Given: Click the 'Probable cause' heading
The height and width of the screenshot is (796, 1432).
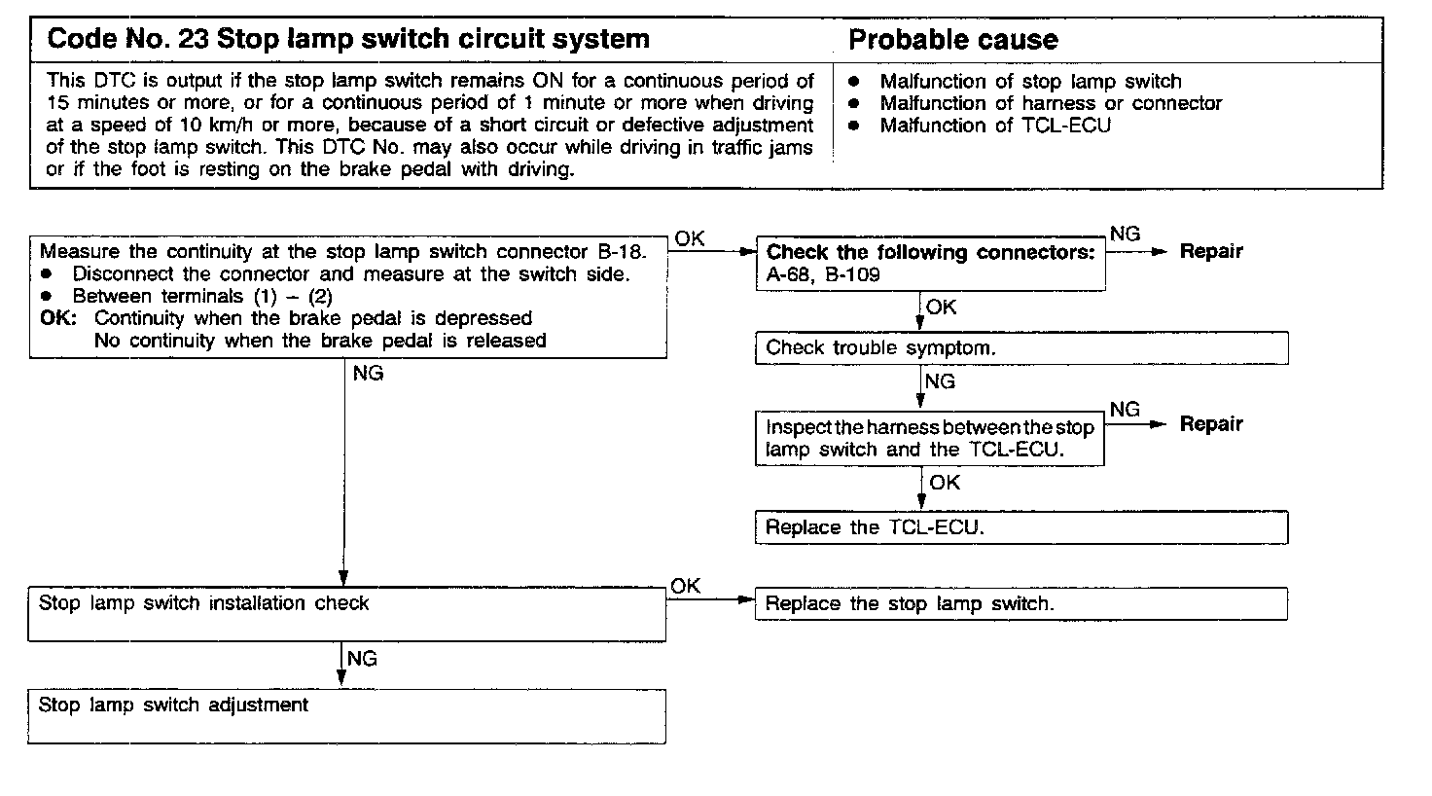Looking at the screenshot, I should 952,40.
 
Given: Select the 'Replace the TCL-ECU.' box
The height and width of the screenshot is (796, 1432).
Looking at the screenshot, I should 1020,527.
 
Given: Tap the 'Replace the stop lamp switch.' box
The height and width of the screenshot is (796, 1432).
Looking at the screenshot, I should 1020,603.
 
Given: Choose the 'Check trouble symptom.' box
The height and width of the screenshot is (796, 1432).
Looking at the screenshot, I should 1020,348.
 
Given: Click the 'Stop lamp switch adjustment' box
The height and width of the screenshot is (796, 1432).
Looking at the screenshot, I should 346,715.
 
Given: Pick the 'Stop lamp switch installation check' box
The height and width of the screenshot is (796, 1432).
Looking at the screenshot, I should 346,614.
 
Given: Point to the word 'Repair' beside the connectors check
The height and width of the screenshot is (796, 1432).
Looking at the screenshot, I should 1211,251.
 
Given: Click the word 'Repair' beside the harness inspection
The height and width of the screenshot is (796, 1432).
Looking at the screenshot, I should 1211,424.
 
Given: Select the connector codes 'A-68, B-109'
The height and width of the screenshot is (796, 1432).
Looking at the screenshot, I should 823,274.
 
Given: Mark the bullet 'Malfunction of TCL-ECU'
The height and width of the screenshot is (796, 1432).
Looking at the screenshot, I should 994,126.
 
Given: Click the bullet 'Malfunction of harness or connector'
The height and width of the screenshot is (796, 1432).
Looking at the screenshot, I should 1051,103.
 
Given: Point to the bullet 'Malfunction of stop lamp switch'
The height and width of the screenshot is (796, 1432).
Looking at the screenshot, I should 1030,82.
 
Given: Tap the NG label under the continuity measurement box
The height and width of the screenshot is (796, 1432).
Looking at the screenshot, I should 368,374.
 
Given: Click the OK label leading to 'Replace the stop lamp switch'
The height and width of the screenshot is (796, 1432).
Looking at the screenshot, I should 685,586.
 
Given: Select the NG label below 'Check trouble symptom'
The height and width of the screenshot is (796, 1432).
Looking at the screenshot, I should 940,382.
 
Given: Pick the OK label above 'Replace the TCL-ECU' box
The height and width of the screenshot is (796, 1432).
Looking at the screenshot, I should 944,483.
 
